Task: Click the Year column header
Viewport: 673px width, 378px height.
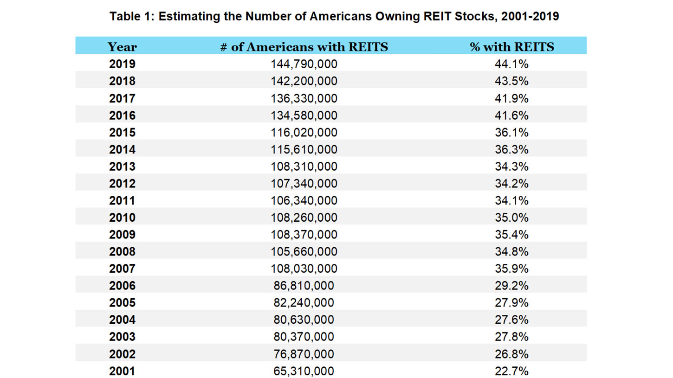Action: (122, 46)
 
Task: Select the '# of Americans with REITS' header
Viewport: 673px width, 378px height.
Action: (304, 46)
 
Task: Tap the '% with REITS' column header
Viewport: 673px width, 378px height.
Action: (511, 46)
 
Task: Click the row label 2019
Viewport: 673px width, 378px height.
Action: (122, 64)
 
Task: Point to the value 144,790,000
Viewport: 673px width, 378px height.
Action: (304, 64)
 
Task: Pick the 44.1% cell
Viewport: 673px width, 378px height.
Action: (511, 64)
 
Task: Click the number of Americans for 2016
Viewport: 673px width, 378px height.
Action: (304, 115)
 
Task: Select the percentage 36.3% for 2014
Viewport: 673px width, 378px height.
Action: (511, 149)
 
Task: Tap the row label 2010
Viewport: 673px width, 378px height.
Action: (122, 218)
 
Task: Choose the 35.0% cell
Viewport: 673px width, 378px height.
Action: (511, 218)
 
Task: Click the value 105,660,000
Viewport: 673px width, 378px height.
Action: (304, 251)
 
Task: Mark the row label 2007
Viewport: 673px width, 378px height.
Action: (122, 269)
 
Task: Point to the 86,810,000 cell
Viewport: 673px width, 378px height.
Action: (304, 286)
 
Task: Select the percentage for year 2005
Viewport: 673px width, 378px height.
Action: (511, 303)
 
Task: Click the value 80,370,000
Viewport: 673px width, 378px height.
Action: (304, 337)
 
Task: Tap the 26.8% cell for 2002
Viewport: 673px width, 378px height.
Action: (511, 354)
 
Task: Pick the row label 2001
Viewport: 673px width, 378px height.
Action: (122, 371)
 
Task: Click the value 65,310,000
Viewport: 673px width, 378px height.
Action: (304, 371)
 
